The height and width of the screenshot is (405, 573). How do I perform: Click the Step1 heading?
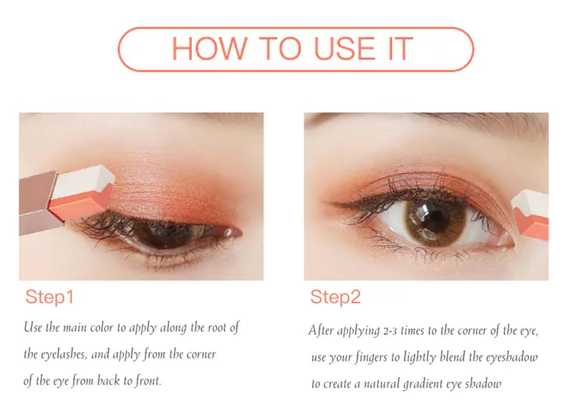[x=49, y=297]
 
